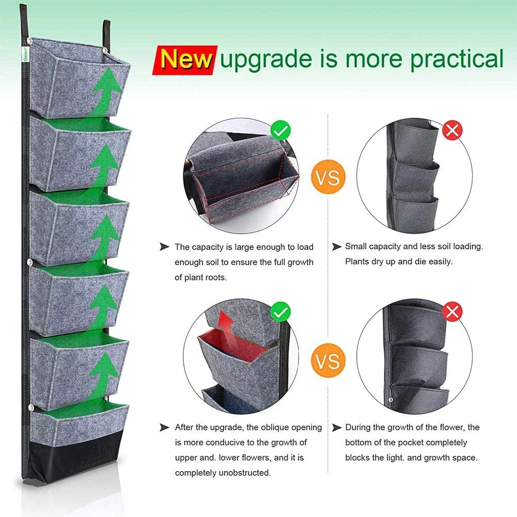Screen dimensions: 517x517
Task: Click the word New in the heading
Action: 186,58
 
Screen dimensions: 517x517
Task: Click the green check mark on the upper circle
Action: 280,131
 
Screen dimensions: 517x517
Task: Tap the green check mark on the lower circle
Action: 280,311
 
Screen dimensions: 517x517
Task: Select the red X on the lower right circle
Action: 453,311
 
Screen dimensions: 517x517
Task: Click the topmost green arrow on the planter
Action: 106,88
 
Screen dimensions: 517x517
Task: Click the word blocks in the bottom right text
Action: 357,458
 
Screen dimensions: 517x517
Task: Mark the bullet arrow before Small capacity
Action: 337,247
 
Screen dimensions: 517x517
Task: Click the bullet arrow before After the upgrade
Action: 165,427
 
